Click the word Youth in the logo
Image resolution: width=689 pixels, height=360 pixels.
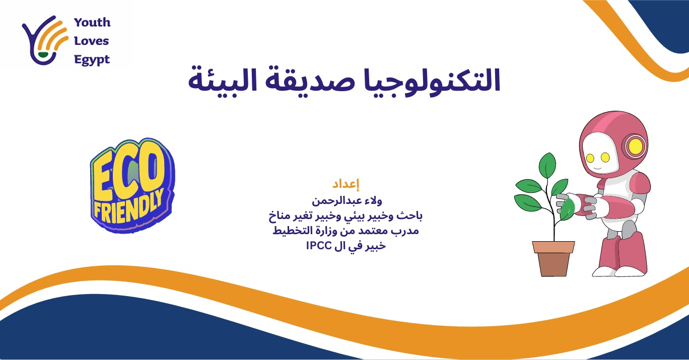92,23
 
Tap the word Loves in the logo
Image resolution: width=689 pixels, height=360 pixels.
91,41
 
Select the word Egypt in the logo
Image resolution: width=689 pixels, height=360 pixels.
92,59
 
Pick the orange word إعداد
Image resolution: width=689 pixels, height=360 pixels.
346,183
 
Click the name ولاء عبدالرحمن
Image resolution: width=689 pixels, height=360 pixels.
346,201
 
